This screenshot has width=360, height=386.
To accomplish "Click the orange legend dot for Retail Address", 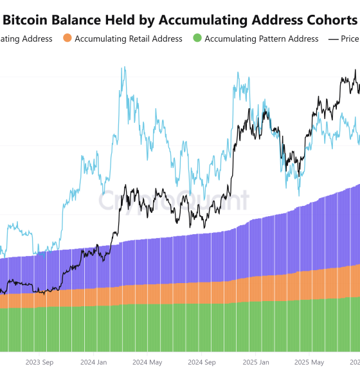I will point(67,39).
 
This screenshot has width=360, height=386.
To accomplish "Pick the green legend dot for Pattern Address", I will point(197,39).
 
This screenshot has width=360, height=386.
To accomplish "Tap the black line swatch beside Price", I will point(334,39).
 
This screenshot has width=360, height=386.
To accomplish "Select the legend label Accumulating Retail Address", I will point(129,39).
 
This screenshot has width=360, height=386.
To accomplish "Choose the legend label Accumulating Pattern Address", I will point(261,39).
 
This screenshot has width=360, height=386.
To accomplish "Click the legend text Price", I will point(351,39).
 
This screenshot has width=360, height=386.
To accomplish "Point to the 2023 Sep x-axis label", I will point(39,362).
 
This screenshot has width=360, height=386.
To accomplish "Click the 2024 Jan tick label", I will point(93,362).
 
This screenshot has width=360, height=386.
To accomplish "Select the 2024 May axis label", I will point(147,362).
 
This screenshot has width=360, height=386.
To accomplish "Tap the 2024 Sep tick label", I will point(201,362).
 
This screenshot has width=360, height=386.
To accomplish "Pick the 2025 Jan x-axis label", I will point(255,362).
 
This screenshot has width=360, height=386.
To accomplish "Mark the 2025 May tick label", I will point(309,362).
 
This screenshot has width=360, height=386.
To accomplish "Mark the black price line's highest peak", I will point(355,71).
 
